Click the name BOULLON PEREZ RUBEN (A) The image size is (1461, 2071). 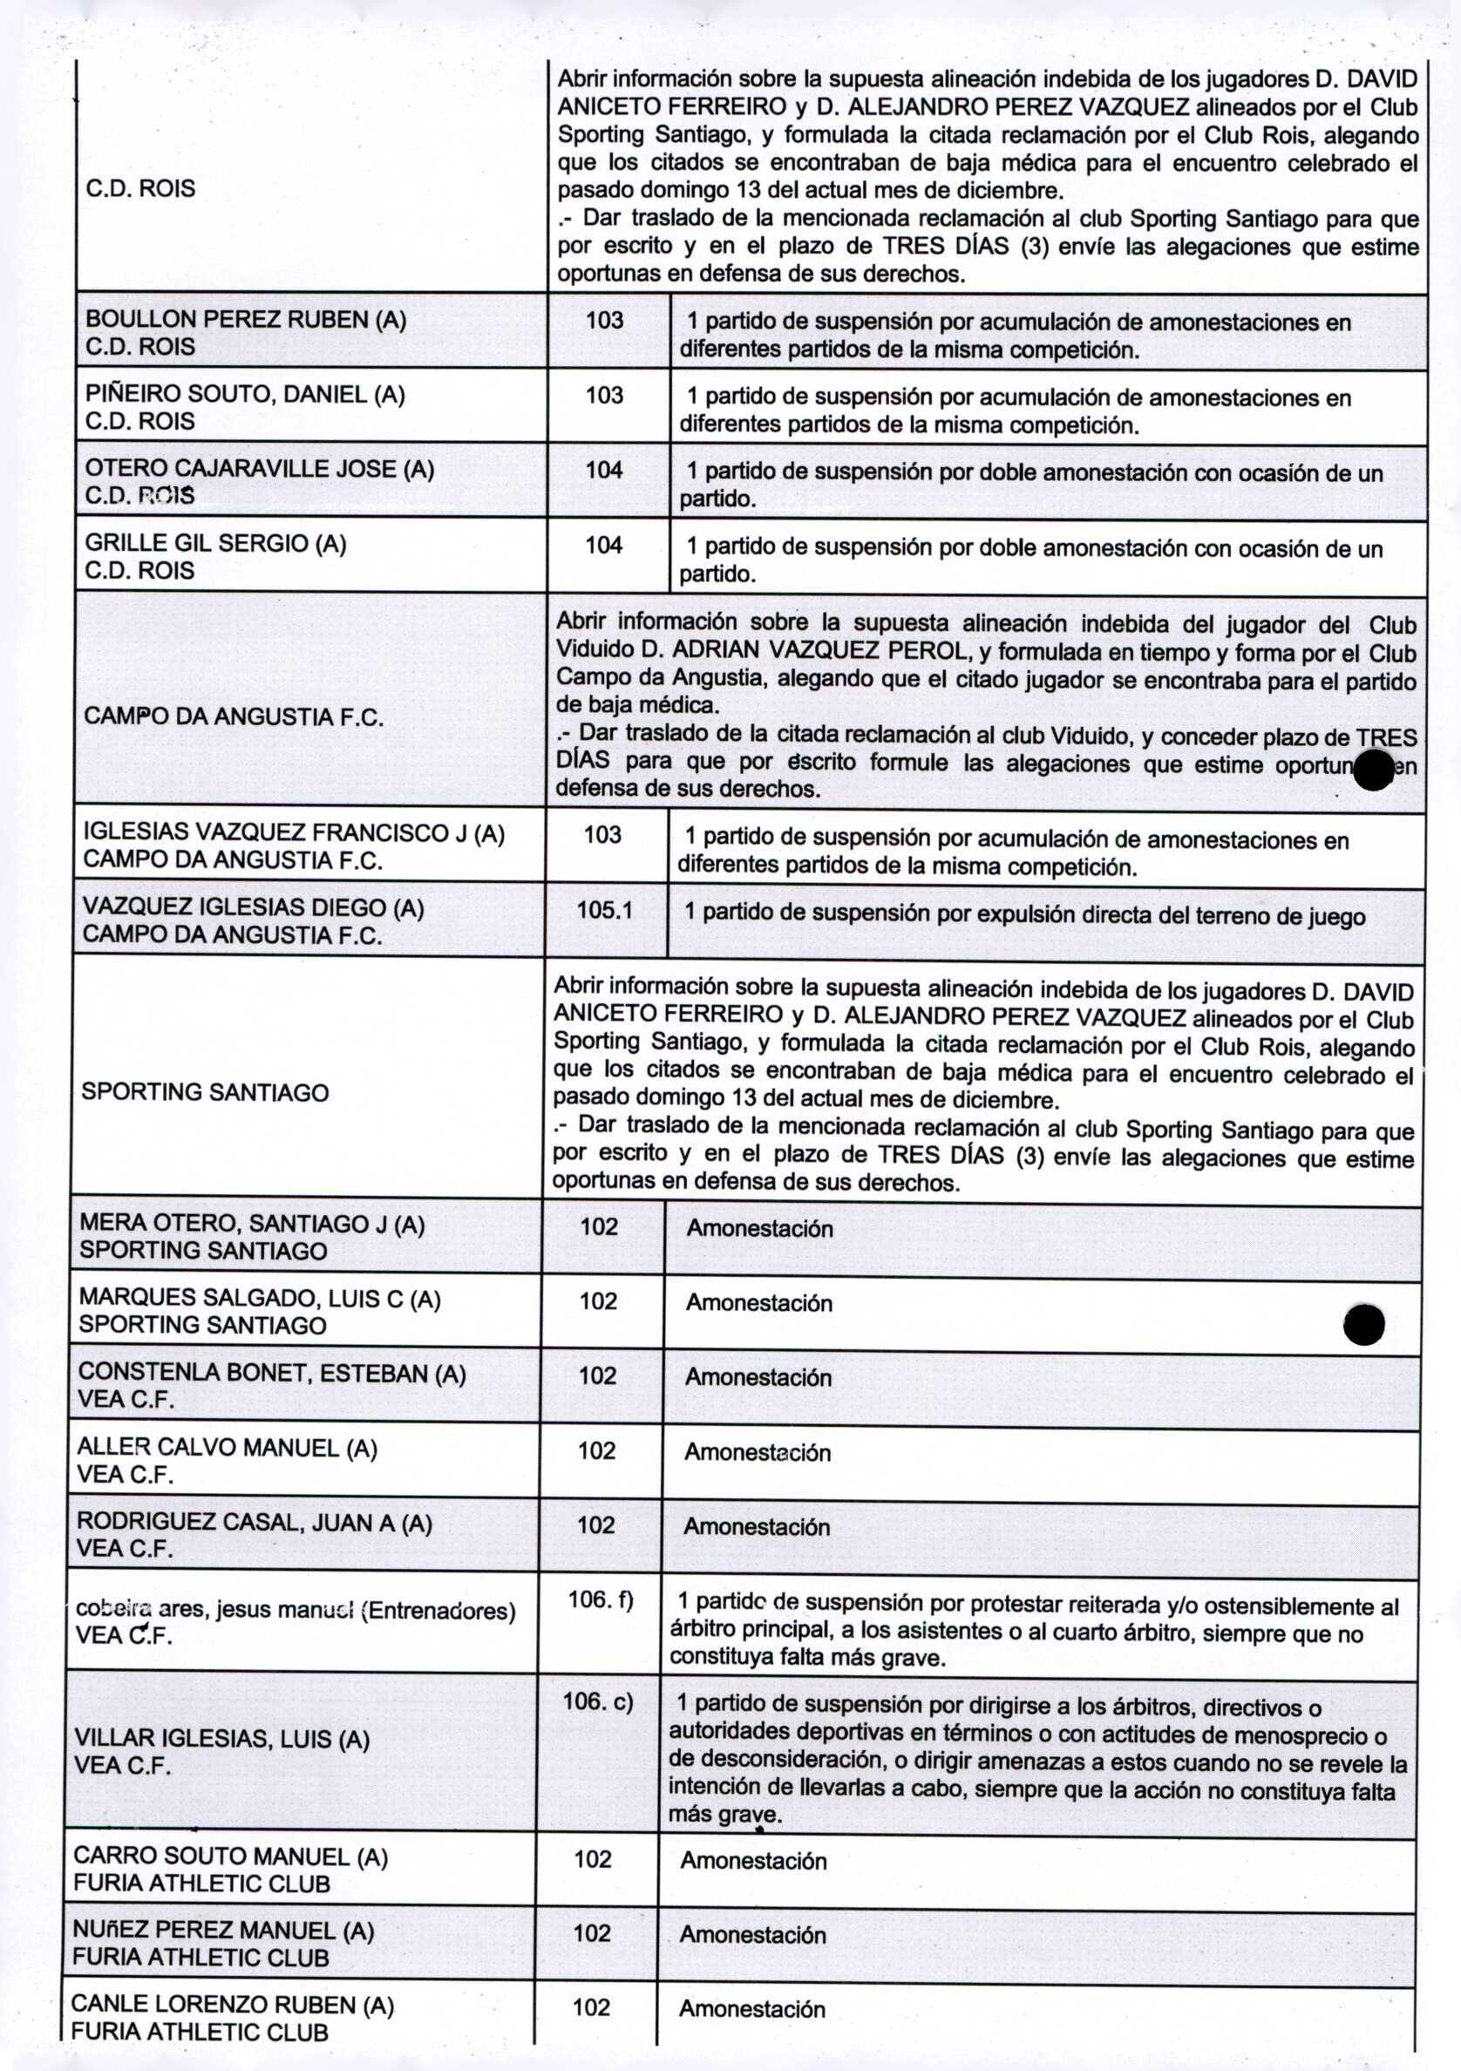pos(245,319)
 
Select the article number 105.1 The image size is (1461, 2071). pos(604,910)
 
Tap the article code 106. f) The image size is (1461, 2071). pos(600,1599)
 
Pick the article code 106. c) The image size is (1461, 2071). pos(598,1701)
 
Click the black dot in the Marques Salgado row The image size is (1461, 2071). pos(1363,1324)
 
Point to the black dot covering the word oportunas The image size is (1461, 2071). pos(1373,770)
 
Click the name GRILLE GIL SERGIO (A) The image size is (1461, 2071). pos(215,543)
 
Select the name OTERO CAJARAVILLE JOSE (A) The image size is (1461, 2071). pos(260,469)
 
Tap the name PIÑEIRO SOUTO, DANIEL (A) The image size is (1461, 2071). pos(245,394)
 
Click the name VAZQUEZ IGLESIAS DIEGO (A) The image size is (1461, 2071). pos(254,907)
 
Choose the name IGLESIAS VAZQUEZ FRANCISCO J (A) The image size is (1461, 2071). pos(294,832)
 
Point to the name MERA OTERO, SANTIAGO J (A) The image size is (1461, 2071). pos(252,1223)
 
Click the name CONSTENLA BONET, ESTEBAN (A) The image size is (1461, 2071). pos(271,1373)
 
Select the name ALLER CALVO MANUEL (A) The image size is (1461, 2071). pos(228,1448)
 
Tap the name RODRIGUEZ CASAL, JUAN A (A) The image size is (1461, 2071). pos(255,1523)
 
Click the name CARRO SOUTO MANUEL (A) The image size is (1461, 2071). pos(231,1856)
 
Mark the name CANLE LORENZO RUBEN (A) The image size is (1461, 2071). pos(233,2004)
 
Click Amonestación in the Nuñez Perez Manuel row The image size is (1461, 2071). pos(752,1935)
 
